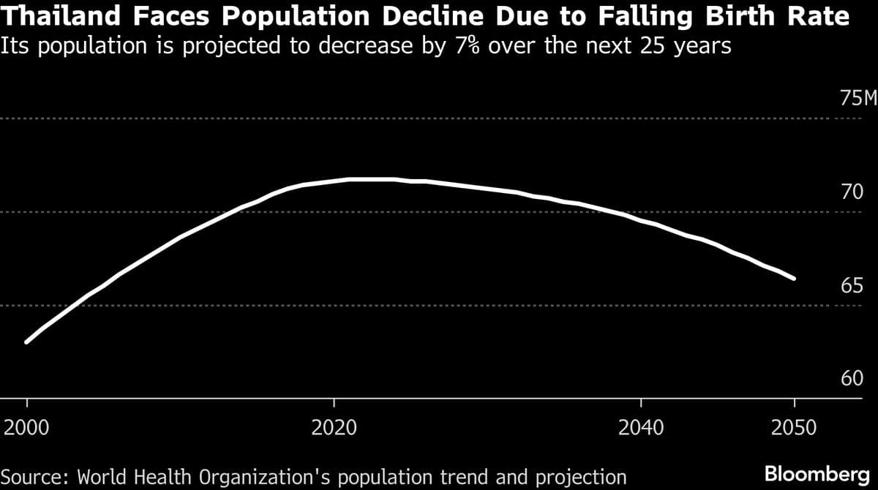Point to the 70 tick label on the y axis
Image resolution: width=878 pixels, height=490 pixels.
pyautogui.click(x=852, y=192)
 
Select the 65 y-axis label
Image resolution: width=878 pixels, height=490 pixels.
pyautogui.click(x=852, y=285)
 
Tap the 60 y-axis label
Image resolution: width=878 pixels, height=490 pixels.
pyautogui.click(x=852, y=378)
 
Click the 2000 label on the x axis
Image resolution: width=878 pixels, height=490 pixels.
pyautogui.click(x=27, y=427)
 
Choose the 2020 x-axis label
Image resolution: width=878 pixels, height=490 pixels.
pyautogui.click(x=334, y=427)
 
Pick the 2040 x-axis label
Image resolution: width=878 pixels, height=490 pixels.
pyautogui.click(x=641, y=427)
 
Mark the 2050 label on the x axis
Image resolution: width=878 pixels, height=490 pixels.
pyautogui.click(x=794, y=427)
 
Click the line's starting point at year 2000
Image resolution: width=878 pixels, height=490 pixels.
pyautogui.click(x=27, y=342)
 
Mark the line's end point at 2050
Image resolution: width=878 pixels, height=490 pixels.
pyautogui.click(x=794, y=279)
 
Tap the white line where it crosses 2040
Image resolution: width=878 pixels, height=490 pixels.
pyautogui.click(x=641, y=220)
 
